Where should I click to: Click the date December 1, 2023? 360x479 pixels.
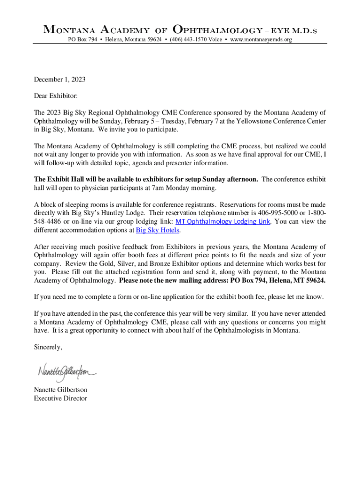pos(59,80)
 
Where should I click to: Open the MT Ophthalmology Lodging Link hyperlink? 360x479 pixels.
pos(223,222)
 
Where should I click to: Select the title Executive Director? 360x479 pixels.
pos(60,399)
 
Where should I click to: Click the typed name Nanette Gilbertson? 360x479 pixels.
pos(60,390)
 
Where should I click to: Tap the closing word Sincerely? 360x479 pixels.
pos(48,347)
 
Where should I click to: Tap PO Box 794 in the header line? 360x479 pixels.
pos(83,40)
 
